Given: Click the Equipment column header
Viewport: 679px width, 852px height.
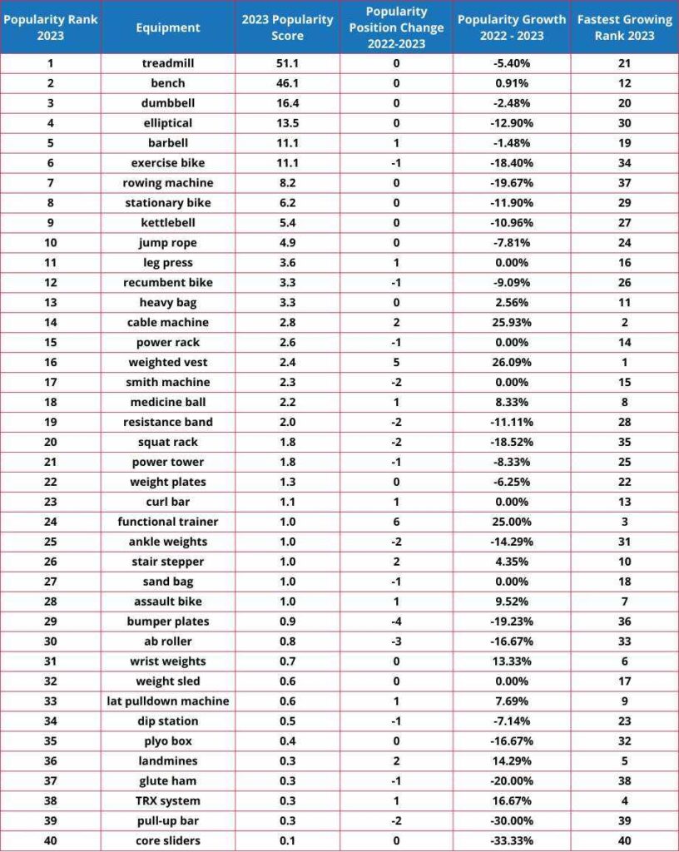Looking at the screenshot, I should (x=168, y=27).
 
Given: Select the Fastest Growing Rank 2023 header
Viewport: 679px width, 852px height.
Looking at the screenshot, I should (x=624, y=27).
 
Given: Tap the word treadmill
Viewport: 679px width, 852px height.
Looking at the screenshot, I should (x=168, y=63).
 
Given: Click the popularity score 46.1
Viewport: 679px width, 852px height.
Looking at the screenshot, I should (x=287, y=83).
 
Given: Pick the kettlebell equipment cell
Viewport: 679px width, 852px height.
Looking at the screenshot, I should (x=168, y=223).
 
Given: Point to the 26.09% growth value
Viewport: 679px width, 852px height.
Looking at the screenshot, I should (x=512, y=363).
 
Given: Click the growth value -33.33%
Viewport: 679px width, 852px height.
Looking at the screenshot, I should (x=512, y=841).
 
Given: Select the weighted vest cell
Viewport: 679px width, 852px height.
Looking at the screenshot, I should (x=168, y=363).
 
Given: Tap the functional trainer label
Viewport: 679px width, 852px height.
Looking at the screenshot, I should (x=168, y=522).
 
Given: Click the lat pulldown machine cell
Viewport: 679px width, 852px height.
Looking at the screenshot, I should (x=168, y=701).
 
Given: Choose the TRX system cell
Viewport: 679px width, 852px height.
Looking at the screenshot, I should (x=168, y=801).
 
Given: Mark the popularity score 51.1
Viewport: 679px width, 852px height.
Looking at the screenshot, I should (x=287, y=63).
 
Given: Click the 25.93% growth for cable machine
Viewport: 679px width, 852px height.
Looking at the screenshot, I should (x=512, y=323).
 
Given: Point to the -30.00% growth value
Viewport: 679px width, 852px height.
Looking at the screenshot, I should (x=512, y=821).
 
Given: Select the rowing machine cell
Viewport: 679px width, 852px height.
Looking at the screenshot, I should (x=168, y=183).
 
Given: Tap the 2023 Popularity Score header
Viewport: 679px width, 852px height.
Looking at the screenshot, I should (x=287, y=27).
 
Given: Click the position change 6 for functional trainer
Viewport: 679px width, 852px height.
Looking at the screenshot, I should (x=396, y=522).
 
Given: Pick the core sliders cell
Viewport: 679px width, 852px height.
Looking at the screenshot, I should (x=168, y=841).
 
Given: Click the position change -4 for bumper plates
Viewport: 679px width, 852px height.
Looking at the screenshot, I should (x=396, y=622).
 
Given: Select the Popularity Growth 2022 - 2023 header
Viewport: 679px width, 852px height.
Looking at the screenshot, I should (x=512, y=27).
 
